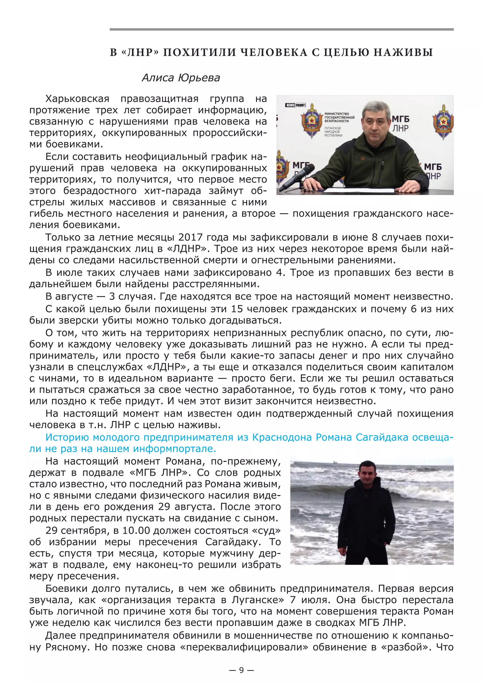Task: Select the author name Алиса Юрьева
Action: (181, 78)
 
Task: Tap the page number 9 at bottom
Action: (241, 670)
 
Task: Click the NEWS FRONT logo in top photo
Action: (295, 105)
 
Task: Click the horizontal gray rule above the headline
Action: (281, 29)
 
